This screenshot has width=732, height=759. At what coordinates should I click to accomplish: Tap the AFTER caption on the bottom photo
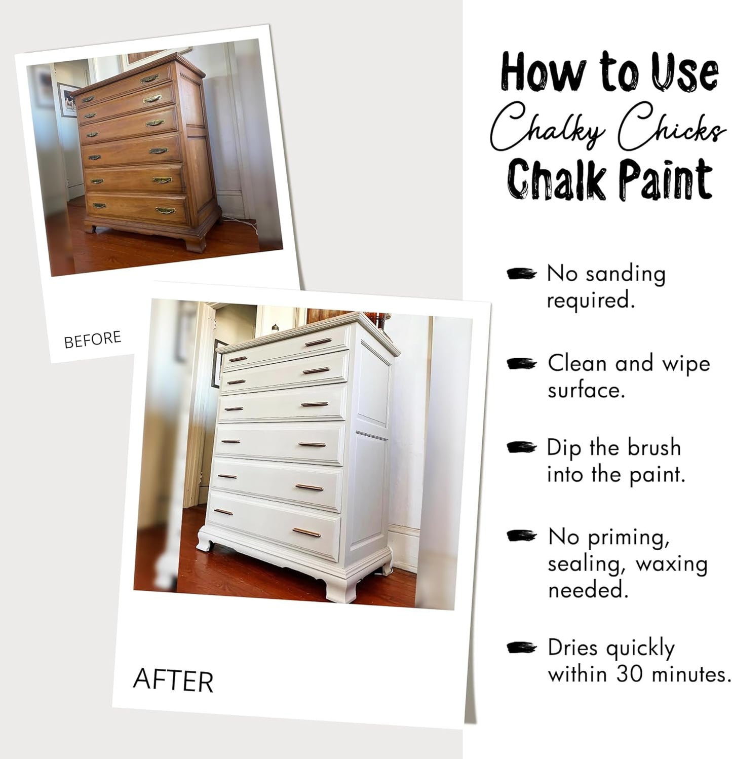coord(173,680)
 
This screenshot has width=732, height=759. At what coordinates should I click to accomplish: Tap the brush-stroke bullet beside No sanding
coord(521,274)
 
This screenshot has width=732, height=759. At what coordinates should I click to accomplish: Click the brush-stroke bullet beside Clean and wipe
coord(521,364)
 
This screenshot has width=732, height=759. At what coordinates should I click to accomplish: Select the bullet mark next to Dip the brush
coord(521,447)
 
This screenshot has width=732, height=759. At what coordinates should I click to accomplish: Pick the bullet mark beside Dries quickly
coord(521,648)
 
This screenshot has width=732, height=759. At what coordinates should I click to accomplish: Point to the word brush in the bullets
coord(654,447)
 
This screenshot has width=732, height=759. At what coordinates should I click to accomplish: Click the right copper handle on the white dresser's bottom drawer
coord(306,533)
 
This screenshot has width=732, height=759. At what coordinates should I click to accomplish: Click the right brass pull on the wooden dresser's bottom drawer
coord(166,211)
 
